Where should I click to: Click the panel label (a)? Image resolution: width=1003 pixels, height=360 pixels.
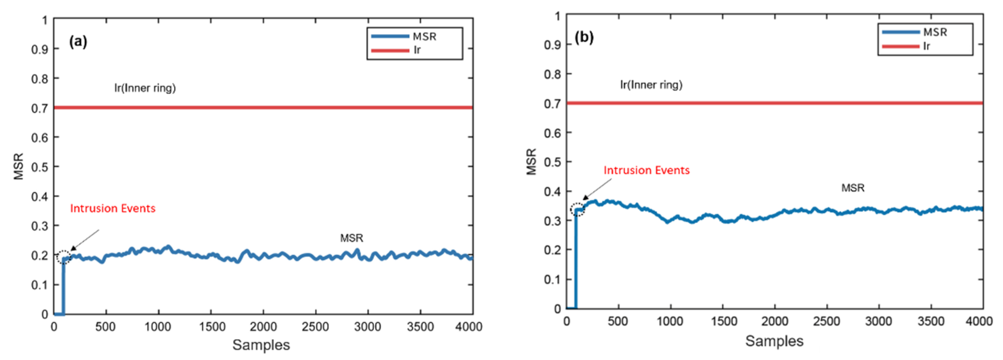click(78, 41)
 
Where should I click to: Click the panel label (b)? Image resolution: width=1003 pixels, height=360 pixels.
click(584, 37)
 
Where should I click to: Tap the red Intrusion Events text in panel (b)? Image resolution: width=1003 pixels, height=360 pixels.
click(646, 171)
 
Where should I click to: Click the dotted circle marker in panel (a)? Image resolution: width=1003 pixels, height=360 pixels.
click(64, 257)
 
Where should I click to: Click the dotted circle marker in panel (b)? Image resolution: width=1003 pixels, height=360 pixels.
click(577, 209)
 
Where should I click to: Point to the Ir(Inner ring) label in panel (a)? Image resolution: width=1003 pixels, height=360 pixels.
click(145, 88)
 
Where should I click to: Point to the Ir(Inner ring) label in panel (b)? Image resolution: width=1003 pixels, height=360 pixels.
click(651, 85)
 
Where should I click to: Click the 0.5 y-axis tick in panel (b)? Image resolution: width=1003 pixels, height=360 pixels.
click(552, 162)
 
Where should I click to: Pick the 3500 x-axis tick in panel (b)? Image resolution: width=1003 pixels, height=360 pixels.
click(931, 321)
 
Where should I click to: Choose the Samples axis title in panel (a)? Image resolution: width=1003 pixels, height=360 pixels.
click(261, 345)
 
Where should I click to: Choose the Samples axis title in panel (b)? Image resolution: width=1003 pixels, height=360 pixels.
click(774, 341)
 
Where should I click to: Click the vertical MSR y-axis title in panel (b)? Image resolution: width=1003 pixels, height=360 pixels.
click(532, 162)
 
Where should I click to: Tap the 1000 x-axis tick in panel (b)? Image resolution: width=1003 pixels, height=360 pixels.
click(670, 321)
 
